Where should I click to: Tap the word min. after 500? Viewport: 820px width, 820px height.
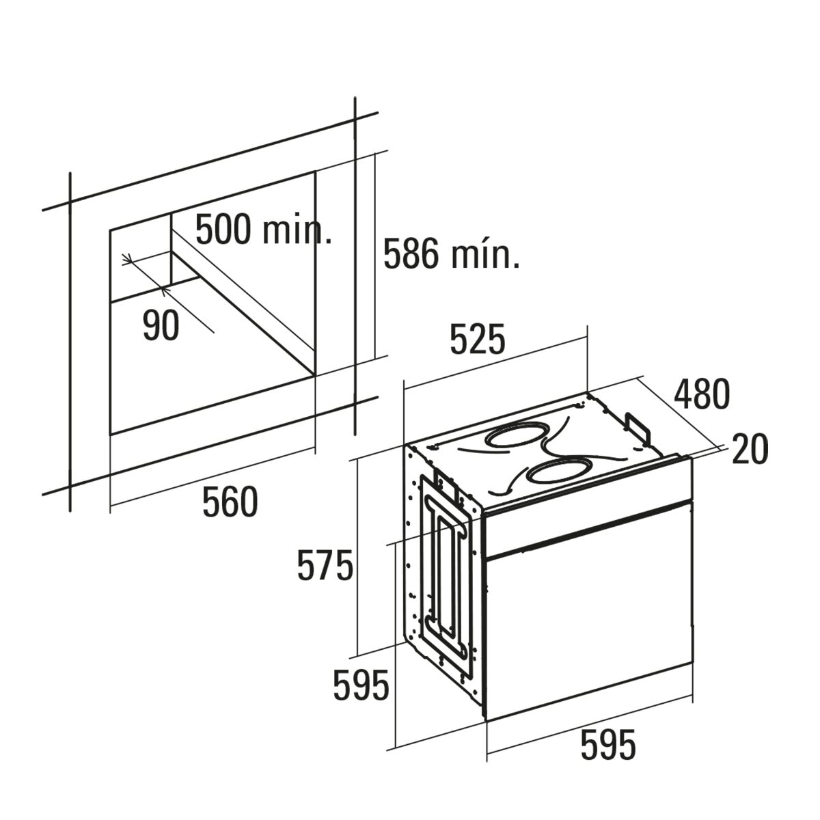297,231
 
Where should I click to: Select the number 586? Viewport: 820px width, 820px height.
411,254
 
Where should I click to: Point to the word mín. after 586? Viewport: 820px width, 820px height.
485,255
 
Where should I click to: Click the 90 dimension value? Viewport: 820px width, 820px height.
161,325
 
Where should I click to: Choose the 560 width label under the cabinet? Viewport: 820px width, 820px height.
230,502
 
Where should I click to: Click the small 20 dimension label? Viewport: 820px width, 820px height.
750,449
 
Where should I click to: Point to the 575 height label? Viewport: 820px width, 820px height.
325,566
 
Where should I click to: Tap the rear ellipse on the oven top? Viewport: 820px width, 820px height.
516,435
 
